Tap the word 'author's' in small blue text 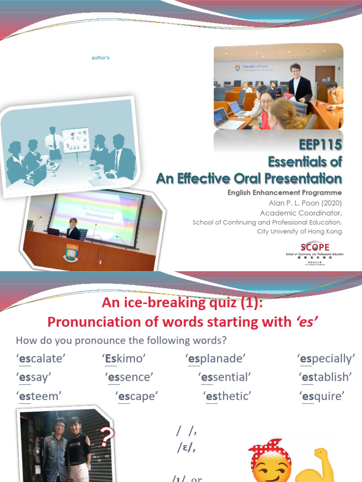click(x=100, y=57)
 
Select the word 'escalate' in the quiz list click(x=41, y=359)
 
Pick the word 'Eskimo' click(x=123, y=359)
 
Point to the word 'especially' click(x=327, y=359)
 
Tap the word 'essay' click(x=33, y=377)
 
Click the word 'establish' click(x=326, y=377)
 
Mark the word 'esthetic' click(x=227, y=396)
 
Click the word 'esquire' click(x=322, y=396)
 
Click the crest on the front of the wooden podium click(x=71, y=252)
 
